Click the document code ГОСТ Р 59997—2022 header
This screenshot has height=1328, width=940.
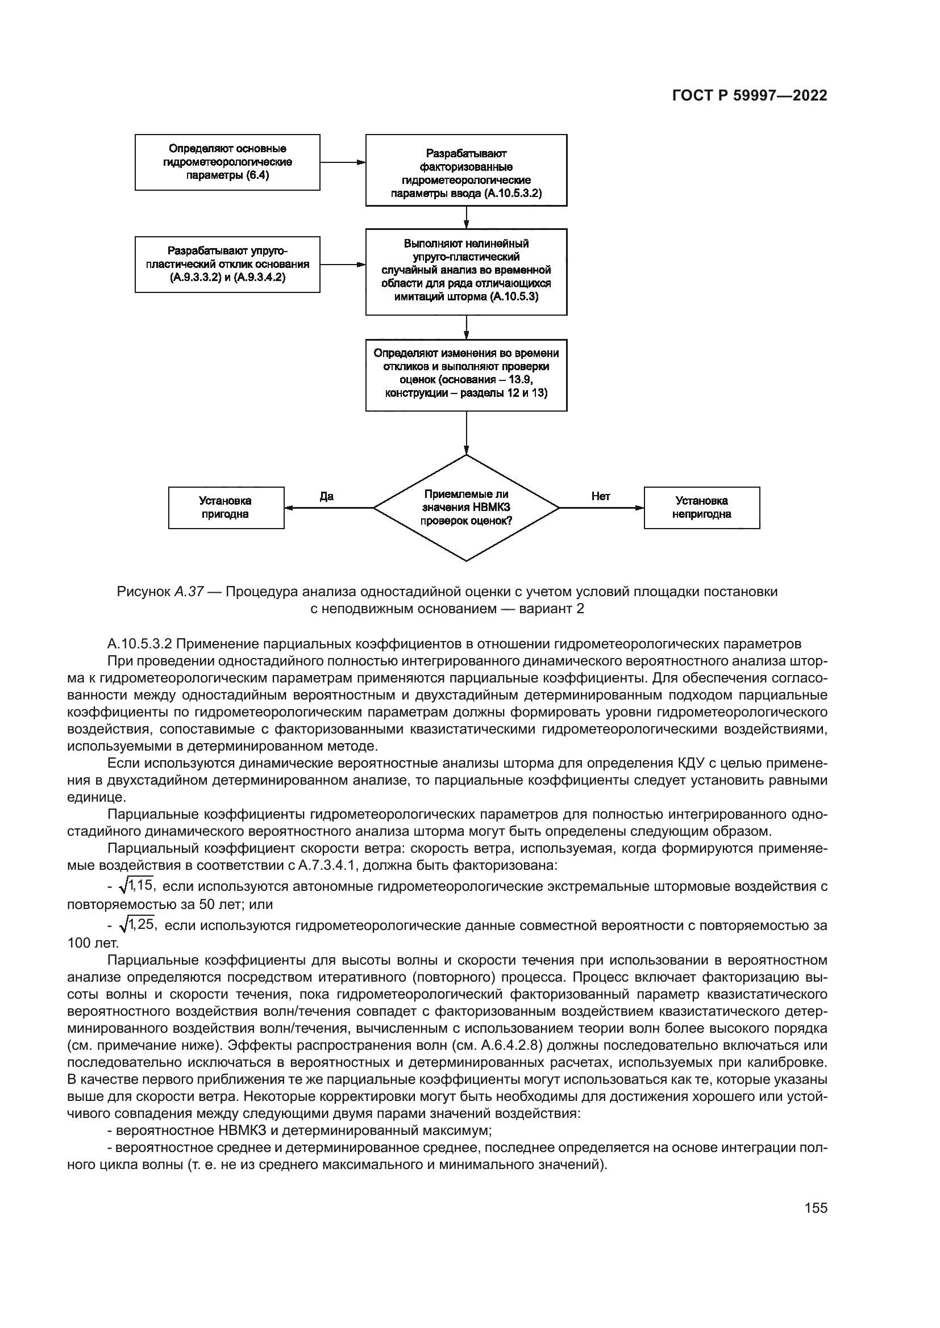750,96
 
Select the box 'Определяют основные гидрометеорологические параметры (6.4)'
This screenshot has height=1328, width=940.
227,162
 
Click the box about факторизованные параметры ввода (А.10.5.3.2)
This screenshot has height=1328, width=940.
466,170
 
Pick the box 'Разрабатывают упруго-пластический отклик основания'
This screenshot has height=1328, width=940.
227,265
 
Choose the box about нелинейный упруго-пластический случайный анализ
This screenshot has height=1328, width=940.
466,272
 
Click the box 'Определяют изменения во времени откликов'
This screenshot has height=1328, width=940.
466,375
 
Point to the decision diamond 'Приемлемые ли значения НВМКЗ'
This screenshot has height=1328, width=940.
466,508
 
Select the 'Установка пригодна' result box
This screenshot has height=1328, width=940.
226,508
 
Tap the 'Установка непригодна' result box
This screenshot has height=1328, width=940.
701,508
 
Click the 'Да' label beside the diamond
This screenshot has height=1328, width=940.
326,496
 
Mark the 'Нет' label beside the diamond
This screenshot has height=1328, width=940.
601,496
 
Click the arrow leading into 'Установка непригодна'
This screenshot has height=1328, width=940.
602,508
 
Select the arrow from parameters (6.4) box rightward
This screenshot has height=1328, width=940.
343,162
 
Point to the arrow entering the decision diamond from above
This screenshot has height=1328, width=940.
466,433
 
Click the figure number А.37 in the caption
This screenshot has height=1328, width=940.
189,592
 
